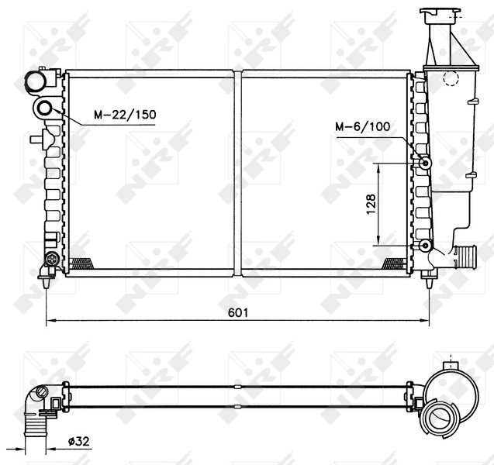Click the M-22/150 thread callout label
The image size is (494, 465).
(x=125, y=115)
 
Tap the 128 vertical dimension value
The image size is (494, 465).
(x=371, y=204)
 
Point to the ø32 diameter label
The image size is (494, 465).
(x=80, y=441)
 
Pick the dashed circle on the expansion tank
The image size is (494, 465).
(x=451, y=77)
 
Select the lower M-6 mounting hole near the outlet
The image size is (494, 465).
(x=425, y=246)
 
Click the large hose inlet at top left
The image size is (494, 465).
(x=36, y=81)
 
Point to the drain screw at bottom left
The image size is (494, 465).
(x=52, y=258)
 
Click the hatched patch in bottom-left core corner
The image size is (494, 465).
(x=81, y=263)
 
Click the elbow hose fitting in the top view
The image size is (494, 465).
(x=38, y=407)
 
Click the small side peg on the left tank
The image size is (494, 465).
(x=36, y=140)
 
